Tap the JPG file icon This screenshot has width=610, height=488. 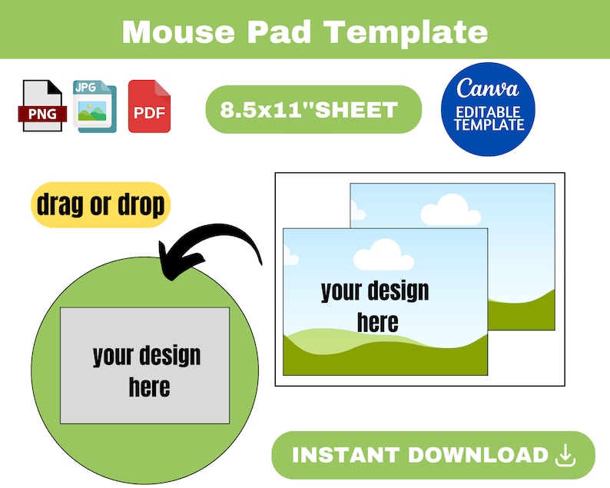94,106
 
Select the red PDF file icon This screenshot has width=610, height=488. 149,106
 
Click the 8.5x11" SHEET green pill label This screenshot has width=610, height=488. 313,109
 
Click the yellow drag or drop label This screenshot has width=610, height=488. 101,204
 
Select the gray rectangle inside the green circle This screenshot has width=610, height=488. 144,365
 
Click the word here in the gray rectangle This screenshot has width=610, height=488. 149,387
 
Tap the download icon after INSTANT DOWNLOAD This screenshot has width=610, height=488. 565,455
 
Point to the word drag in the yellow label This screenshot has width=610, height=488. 62,204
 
